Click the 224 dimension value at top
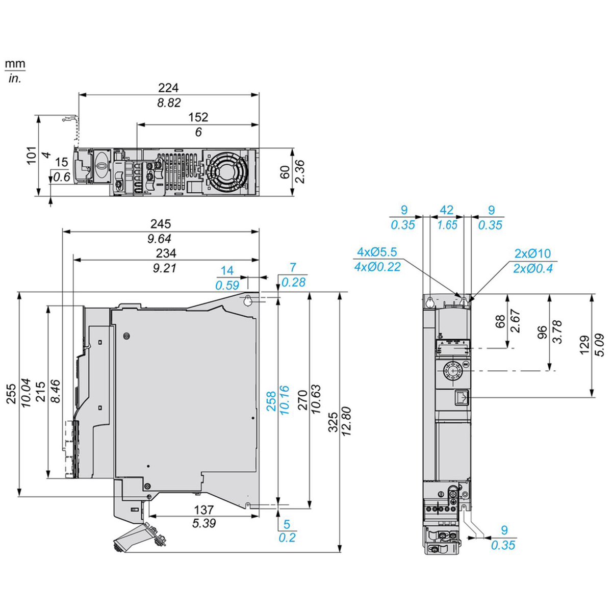(x=168, y=88)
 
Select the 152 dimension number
(x=198, y=117)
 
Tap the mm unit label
(x=15, y=65)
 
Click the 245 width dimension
(x=161, y=224)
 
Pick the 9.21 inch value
(x=165, y=268)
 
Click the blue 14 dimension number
(x=227, y=271)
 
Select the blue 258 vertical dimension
(x=271, y=395)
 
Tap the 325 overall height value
(x=333, y=423)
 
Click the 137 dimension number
(x=203, y=509)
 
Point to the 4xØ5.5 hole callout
(x=377, y=252)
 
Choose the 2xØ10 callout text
(x=533, y=253)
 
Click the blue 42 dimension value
(x=446, y=210)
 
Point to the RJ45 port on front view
(x=462, y=397)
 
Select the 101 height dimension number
(x=31, y=155)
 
